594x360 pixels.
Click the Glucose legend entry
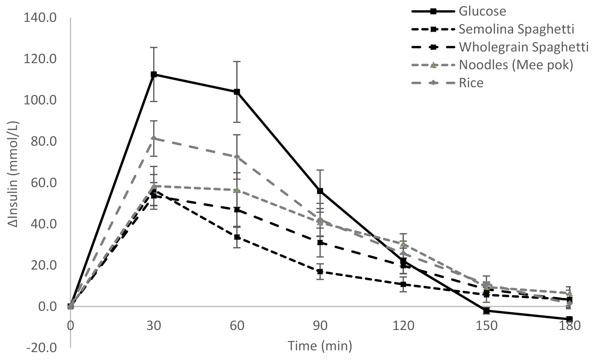(482, 11)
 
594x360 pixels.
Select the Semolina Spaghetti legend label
(516, 29)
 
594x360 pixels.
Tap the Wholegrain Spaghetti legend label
(523, 47)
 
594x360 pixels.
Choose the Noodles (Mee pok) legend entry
(515, 65)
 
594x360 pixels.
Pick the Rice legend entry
(471, 83)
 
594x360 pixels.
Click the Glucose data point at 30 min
(154, 75)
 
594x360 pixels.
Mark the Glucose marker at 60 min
(237, 92)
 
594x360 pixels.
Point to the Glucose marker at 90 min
(320, 191)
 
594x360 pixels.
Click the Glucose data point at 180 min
(569, 319)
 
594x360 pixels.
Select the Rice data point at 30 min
(154, 138)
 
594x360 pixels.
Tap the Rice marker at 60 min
(237, 156)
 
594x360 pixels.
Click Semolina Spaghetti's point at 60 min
(237, 237)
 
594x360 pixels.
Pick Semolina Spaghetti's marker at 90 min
(320, 272)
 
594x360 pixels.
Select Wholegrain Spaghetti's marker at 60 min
(237, 210)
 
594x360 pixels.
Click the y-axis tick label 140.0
(40, 18)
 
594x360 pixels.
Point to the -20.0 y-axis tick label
(40, 348)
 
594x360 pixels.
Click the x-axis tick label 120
(403, 326)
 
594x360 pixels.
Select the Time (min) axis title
(320, 346)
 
